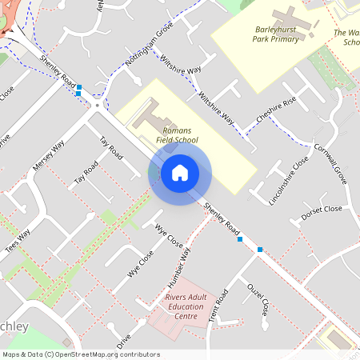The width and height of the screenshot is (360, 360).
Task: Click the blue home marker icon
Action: click(x=180, y=173)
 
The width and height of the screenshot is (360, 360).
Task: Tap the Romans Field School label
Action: click(x=180, y=134)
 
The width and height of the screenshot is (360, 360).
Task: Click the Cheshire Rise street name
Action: click(x=277, y=110)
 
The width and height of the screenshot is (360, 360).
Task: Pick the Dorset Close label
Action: click(x=322, y=214)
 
